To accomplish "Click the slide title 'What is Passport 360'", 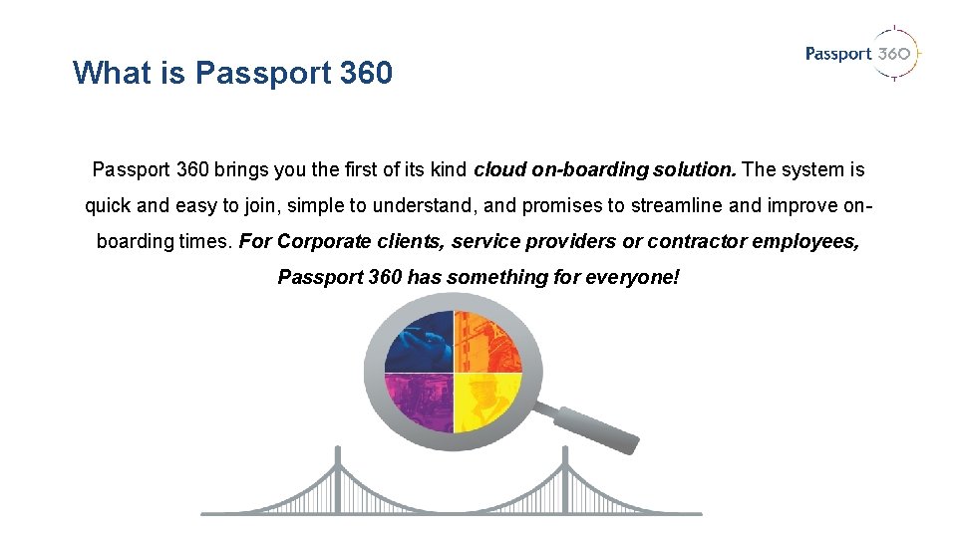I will tap(232, 73).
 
